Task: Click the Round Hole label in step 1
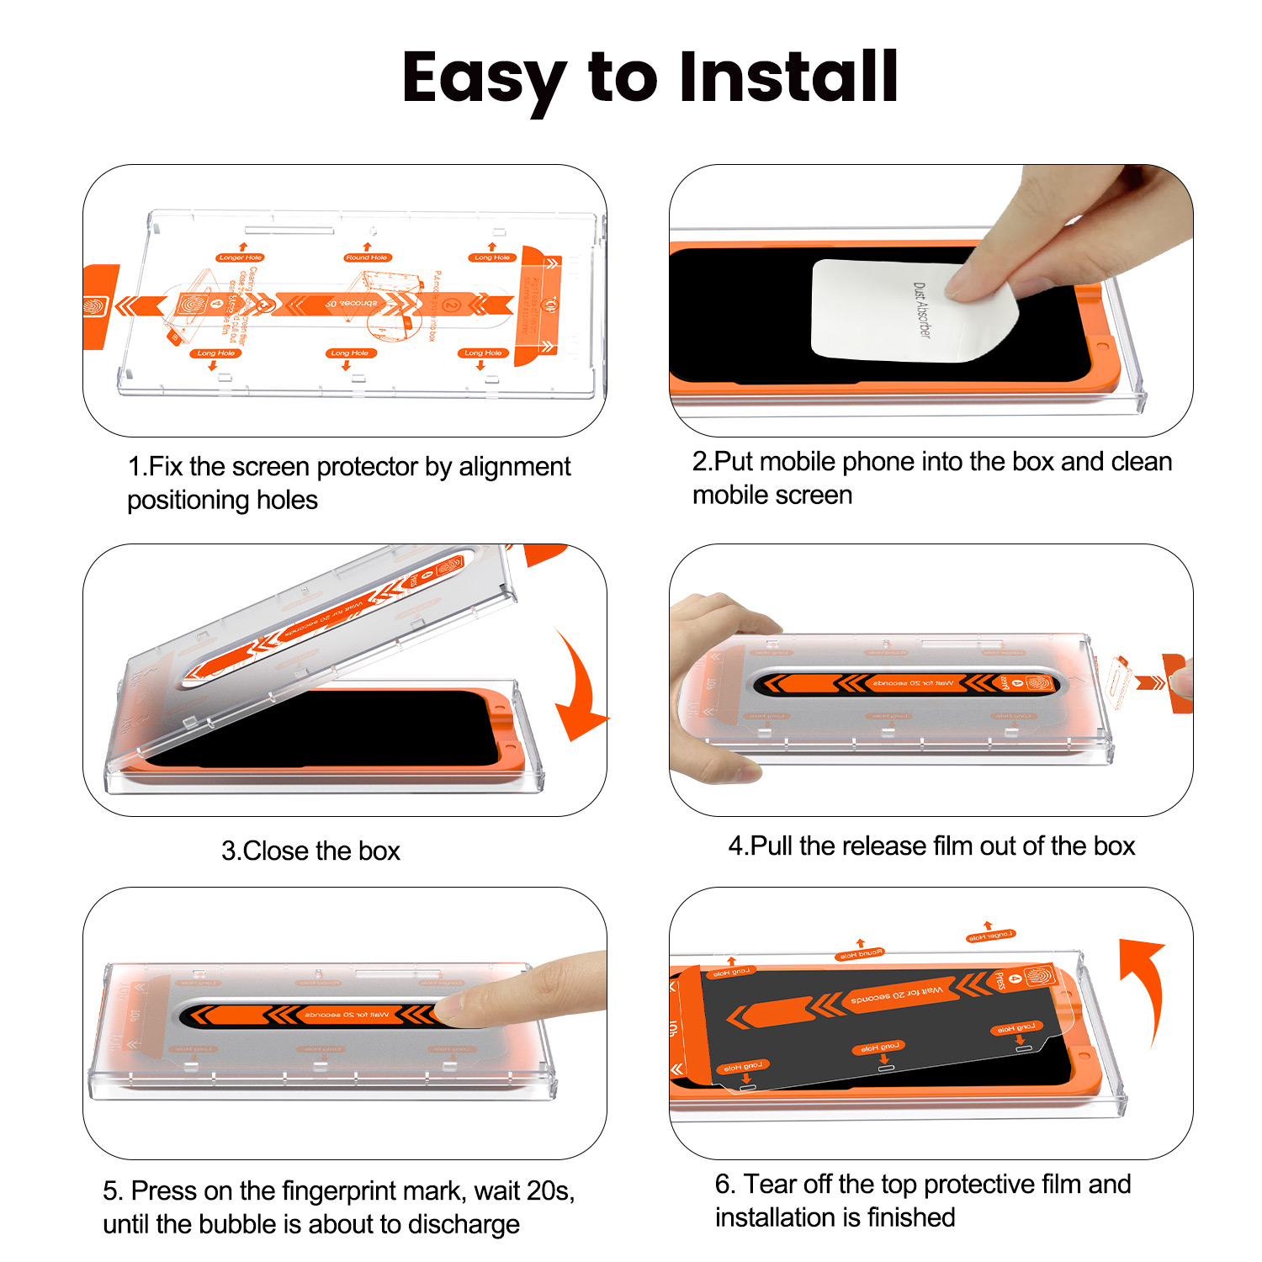click(368, 257)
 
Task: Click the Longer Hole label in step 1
click(241, 257)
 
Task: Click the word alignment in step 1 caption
click(514, 466)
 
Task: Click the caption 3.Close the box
click(310, 851)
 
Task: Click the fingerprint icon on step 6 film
click(1038, 977)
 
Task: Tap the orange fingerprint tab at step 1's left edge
click(98, 306)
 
